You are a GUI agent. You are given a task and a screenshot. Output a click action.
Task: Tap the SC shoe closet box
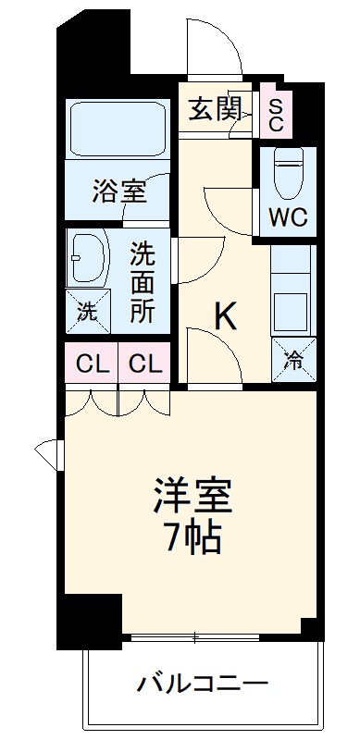276,112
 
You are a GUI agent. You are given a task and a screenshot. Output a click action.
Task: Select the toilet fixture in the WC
289,170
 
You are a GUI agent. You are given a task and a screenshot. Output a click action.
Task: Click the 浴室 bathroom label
118,192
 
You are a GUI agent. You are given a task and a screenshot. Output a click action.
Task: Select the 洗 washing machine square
86,311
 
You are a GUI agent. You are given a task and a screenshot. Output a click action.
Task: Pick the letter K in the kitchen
227,316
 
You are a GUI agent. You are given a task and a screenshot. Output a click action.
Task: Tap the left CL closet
92,364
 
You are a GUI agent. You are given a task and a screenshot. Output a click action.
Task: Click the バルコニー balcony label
203,685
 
